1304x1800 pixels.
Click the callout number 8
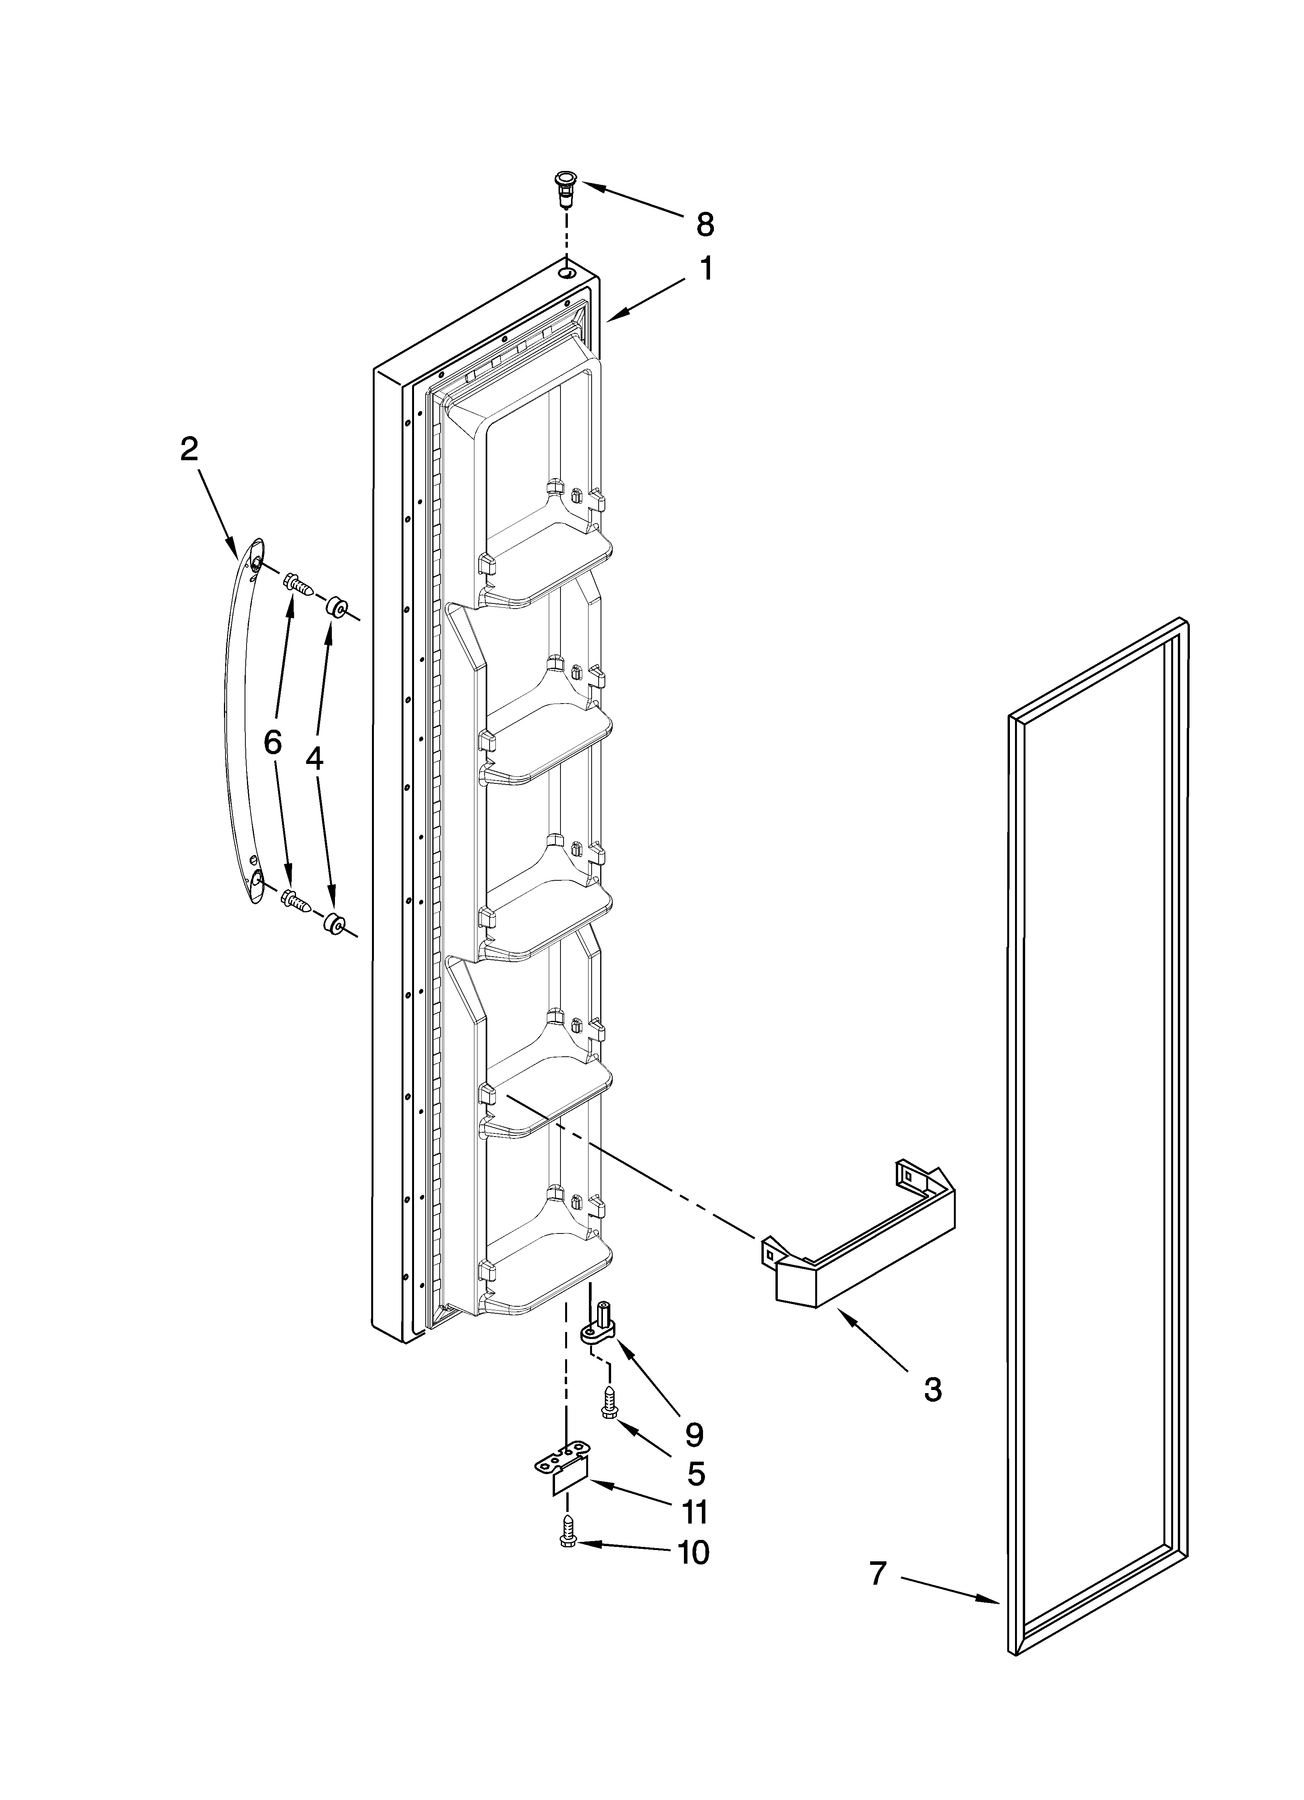pyautogui.click(x=705, y=225)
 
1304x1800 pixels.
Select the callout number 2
pyautogui.click(x=188, y=450)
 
